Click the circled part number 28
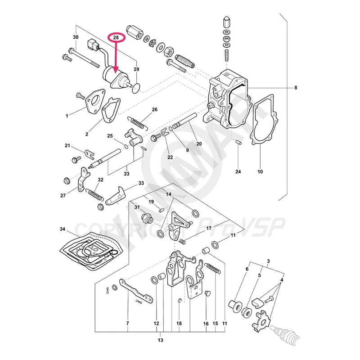[x=116, y=38]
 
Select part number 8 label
[x=296, y=87]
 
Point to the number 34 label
[x=63, y=229]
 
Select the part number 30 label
[x=76, y=37]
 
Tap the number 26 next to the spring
[x=154, y=110]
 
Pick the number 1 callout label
[x=67, y=116]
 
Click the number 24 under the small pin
[x=238, y=171]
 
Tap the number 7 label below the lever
[x=128, y=324]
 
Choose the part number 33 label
[x=141, y=183]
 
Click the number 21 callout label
[x=67, y=145]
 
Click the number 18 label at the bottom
[x=179, y=324]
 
